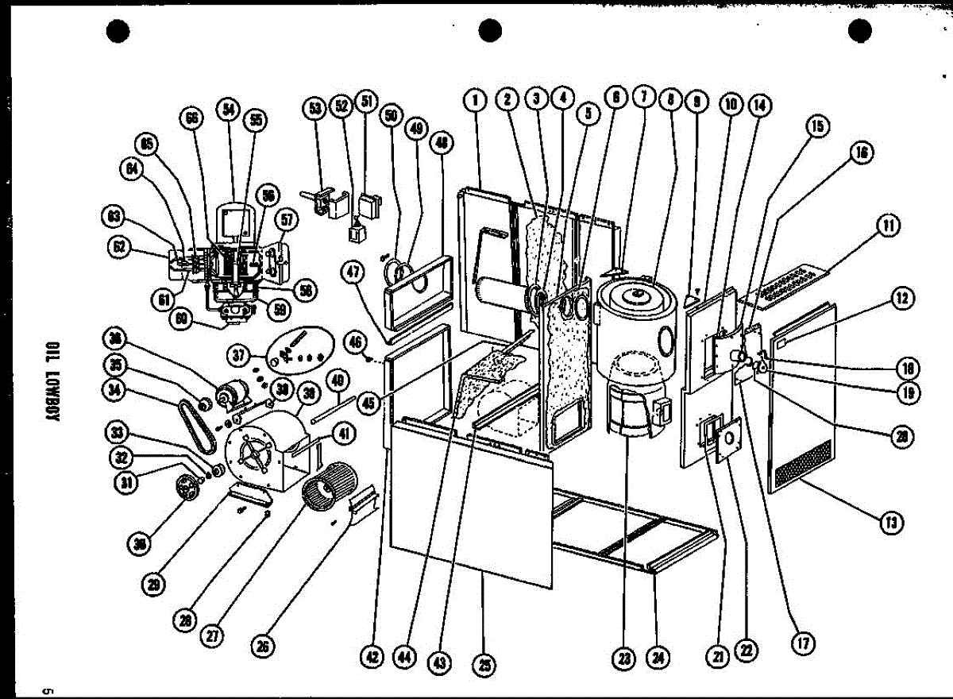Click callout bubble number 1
(475, 100)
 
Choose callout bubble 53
(316, 107)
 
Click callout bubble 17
(803, 643)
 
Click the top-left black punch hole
(117, 31)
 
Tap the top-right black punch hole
(859, 31)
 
